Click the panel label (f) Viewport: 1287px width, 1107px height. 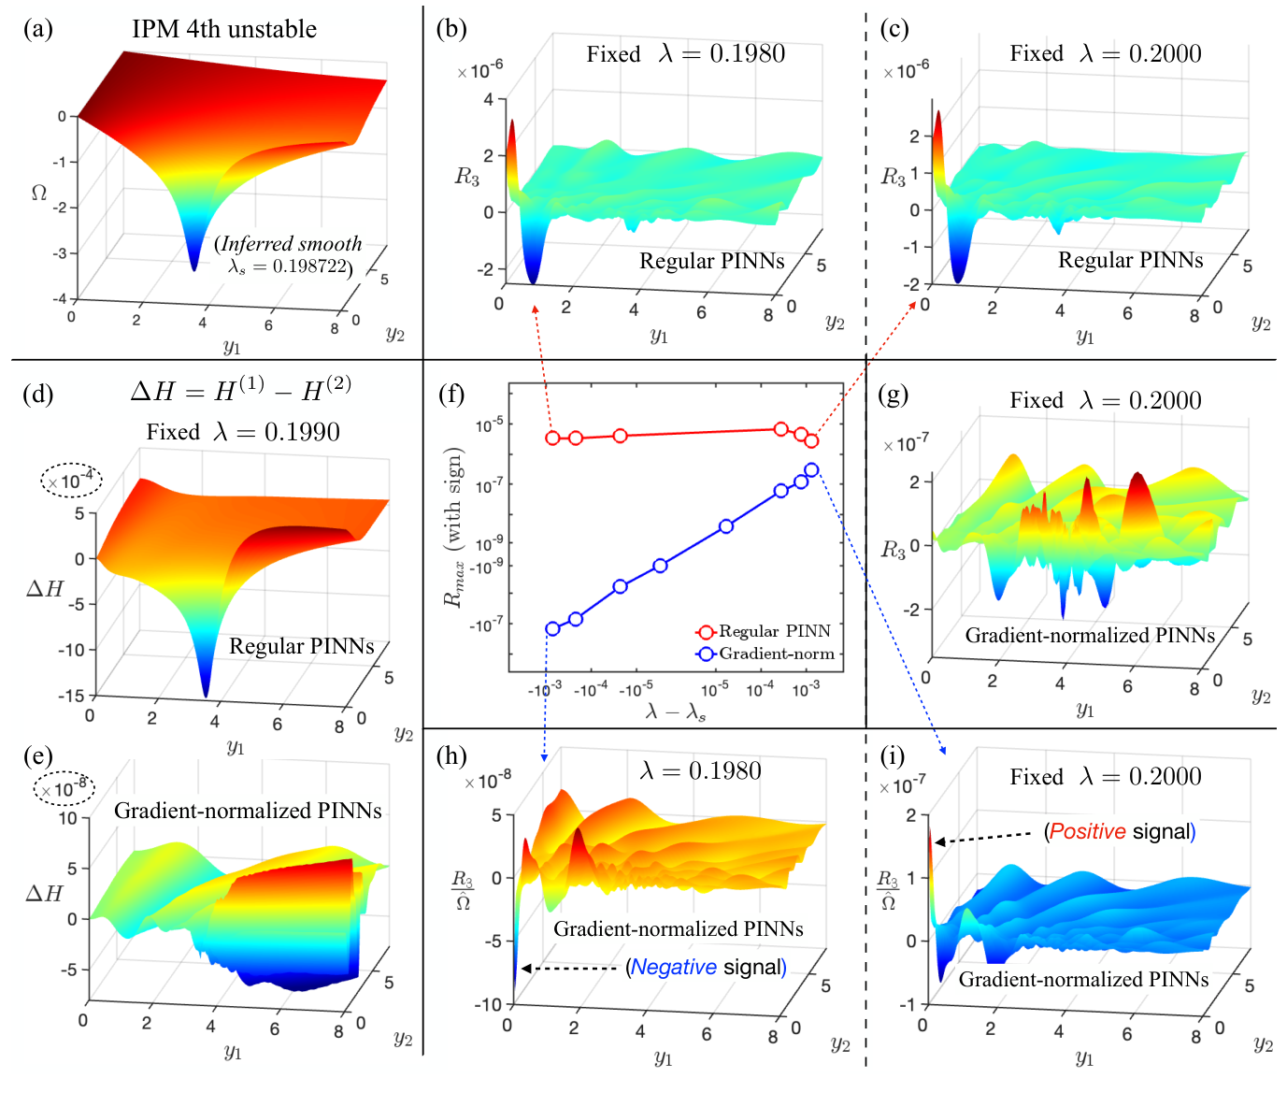pyautogui.click(x=451, y=395)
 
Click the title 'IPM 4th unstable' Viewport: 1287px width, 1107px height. pyautogui.click(x=224, y=29)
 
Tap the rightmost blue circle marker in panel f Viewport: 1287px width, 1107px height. pyautogui.click(x=811, y=470)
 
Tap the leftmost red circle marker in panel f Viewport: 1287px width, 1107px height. pyautogui.click(x=552, y=438)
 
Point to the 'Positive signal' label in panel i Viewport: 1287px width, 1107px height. pyautogui.click(x=1120, y=831)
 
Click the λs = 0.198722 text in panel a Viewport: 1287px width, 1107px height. pyautogui.click(x=290, y=266)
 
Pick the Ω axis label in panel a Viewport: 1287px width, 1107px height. pyautogui.click(x=39, y=193)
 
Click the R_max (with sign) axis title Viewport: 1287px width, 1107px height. pyautogui.click(x=454, y=528)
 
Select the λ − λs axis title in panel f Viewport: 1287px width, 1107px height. pyautogui.click(x=676, y=712)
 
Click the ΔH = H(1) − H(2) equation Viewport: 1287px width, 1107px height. pyautogui.click(x=240, y=390)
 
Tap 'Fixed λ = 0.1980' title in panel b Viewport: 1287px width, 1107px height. pyautogui.click(x=685, y=54)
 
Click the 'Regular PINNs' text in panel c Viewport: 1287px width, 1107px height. pyautogui.click(x=1130, y=260)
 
